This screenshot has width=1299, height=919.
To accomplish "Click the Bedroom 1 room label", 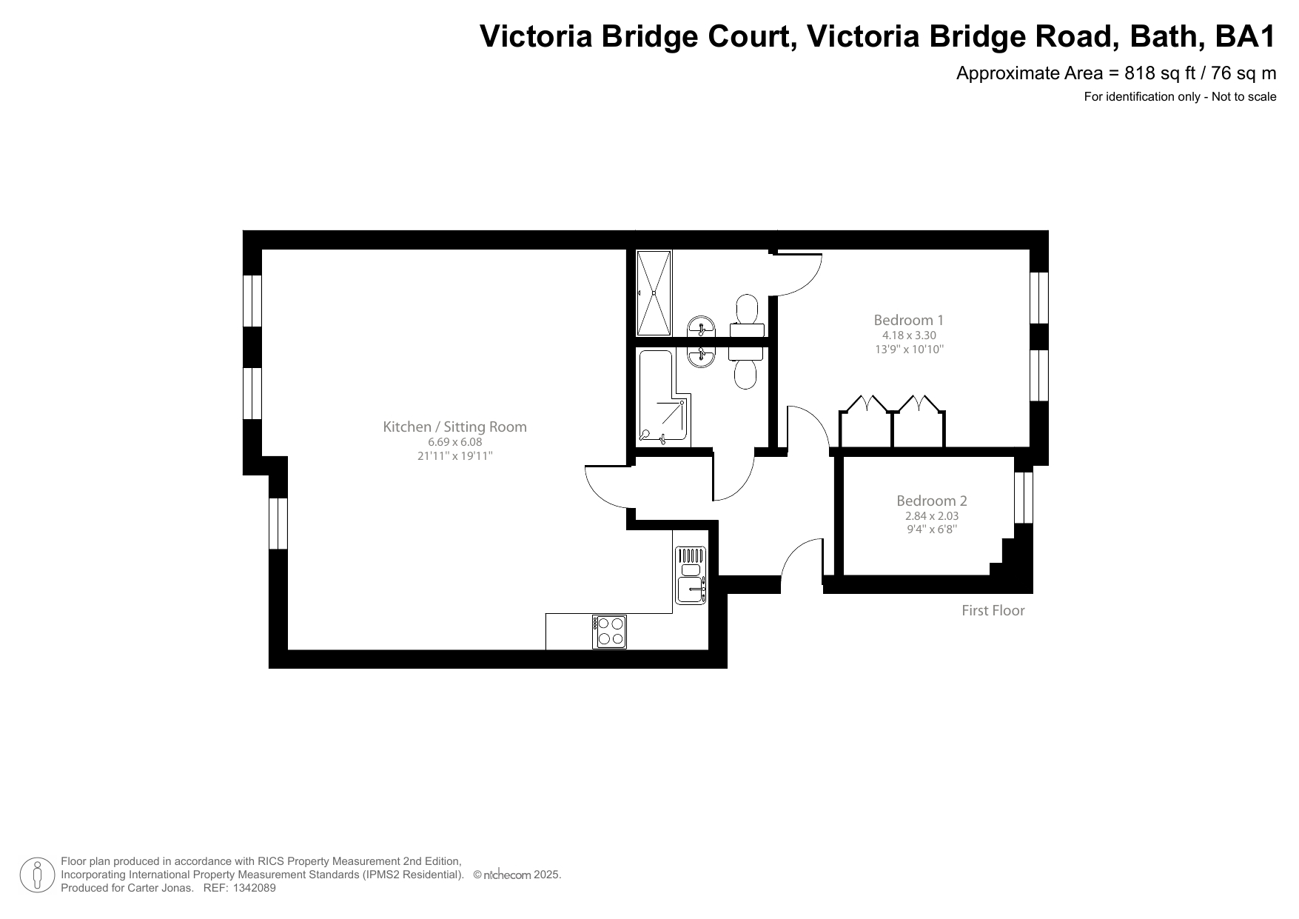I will coord(908,320).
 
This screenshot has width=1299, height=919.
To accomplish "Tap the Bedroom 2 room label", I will coord(931,501).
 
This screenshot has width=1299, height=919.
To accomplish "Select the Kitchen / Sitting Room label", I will coord(454,427).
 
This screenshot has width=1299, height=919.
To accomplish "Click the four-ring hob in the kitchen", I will coord(610,632).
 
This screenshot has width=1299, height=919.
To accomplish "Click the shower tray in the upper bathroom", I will coord(654,293).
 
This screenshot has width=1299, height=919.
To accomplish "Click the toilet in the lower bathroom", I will coord(745,367).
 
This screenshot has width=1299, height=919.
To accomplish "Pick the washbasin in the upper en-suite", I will coord(700,326).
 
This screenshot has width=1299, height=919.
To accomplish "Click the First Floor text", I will coord(993,610).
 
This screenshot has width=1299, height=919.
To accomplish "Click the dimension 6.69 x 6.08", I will coord(454,442).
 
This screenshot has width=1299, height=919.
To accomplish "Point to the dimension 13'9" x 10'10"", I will coord(909,350).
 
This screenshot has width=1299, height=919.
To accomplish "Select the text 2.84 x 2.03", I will coord(931,516).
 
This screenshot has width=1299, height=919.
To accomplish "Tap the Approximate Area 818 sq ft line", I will coord(1115,73).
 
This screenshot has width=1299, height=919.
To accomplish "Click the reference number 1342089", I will coord(254,888).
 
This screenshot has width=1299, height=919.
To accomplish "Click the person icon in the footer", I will coord(37,875).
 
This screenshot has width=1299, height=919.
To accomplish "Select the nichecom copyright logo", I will coord(506,875).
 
